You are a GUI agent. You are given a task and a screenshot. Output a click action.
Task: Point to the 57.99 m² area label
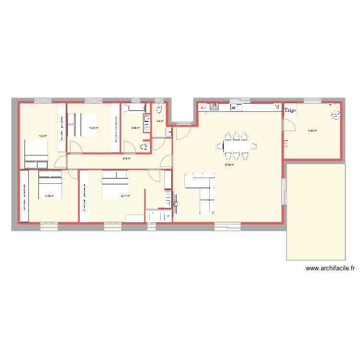pos(229,165)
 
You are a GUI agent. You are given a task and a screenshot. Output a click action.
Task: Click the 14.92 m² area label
pos(311,130)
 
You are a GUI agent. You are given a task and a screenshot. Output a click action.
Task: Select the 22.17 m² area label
pos(125,196)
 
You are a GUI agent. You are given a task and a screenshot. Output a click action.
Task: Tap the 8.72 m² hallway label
pos(127,158)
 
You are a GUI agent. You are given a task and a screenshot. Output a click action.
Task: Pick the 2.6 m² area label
pos(160,121)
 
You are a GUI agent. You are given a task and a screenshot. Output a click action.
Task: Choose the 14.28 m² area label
pos(49,196)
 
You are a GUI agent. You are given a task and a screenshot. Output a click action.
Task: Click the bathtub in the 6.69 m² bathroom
pos(134,108)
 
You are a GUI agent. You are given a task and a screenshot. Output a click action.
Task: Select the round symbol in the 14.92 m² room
pos(336,115)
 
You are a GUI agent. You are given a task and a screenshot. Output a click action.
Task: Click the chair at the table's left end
pos(225,145)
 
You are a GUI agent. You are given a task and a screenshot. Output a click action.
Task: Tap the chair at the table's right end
pos(253,145)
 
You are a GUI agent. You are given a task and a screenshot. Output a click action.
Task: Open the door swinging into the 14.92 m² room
pos(288,124)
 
